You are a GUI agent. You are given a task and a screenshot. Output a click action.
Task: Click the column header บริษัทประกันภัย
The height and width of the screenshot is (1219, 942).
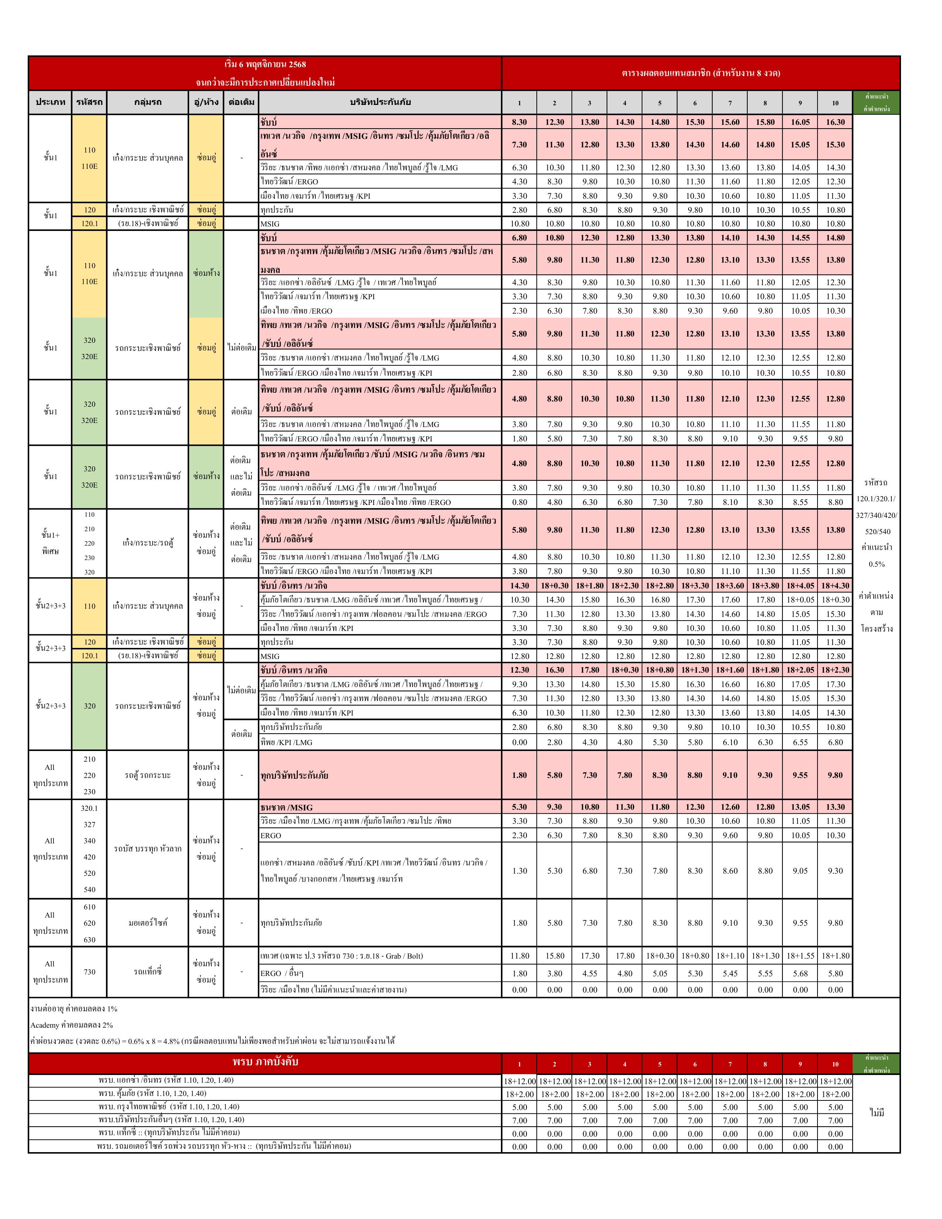pos(380,102)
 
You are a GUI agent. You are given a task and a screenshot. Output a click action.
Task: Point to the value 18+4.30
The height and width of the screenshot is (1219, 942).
pos(835,585)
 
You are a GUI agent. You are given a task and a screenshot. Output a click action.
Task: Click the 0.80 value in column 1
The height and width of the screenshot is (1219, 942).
pos(519,502)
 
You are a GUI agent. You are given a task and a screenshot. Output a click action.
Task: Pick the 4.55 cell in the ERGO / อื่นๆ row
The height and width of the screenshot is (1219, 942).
pos(589,973)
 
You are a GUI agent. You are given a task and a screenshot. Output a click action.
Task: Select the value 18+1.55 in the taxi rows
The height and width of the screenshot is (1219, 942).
pos(800,956)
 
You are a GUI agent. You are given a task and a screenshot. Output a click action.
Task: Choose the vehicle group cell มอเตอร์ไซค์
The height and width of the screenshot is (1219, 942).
pos(148,923)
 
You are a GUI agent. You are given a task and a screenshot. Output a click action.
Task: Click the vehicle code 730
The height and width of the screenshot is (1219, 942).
pos(89,972)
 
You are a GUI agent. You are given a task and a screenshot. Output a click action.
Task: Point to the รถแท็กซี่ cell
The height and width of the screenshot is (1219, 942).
pos(148,972)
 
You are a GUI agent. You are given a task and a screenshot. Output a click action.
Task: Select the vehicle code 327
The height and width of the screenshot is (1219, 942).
pos(89,824)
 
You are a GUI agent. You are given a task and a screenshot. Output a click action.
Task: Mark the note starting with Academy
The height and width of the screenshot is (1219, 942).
pos(71,1025)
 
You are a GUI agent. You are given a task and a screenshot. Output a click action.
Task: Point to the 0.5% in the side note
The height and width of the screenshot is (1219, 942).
pos(876,564)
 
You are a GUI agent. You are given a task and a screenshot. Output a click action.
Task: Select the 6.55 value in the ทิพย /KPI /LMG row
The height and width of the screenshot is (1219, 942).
pos(800,742)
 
